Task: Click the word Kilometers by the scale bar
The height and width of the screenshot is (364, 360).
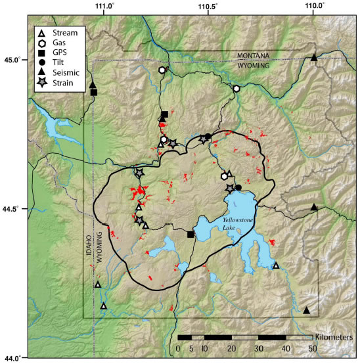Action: [333, 337]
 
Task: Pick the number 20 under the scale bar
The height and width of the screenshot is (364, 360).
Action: [231, 348]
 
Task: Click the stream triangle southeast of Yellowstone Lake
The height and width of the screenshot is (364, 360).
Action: [276, 265]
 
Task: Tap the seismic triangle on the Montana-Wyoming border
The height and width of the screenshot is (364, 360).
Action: [314, 58]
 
